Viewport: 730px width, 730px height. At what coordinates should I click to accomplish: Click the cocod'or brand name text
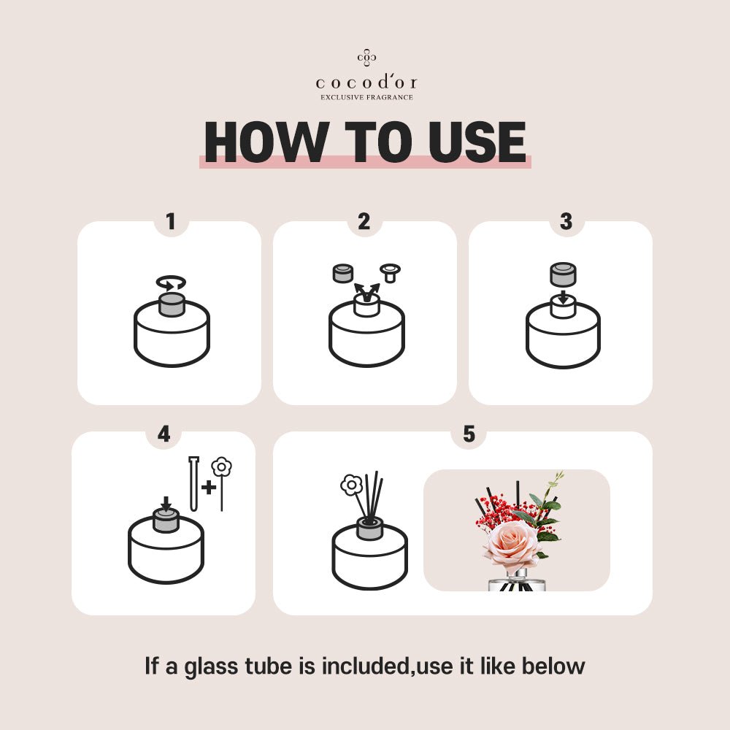[x=366, y=82]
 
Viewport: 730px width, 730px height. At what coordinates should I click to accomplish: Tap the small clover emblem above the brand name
[x=367, y=57]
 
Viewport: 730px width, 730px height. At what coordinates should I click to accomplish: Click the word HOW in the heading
[x=265, y=142]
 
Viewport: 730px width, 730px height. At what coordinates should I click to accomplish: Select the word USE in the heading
[x=477, y=142]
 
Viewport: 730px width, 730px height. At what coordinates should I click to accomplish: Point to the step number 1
[x=171, y=221]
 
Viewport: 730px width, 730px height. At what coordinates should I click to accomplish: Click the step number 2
[x=364, y=221]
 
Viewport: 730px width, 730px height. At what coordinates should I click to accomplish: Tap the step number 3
[x=566, y=221]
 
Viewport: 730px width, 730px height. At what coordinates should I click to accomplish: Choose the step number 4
[x=164, y=434]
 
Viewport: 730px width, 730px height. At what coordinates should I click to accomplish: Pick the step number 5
[x=469, y=434]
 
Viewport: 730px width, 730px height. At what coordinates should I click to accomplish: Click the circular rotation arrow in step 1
[x=171, y=283]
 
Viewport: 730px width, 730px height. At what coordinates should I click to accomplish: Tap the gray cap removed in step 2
[x=343, y=273]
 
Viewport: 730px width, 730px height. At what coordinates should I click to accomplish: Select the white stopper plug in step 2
[x=390, y=272]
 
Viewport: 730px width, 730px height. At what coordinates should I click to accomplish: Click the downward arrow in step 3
[x=564, y=297]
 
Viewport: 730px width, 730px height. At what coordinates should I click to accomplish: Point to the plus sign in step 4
[x=209, y=487]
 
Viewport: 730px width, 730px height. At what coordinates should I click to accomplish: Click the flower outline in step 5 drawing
[x=351, y=485]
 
